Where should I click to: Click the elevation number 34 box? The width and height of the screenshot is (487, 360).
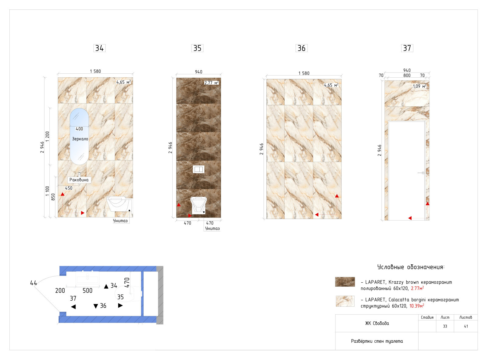tap(99, 48)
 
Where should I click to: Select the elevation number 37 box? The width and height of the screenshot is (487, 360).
tap(407, 48)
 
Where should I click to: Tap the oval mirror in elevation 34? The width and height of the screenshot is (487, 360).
tap(79, 136)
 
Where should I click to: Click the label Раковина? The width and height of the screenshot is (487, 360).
tap(79, 180)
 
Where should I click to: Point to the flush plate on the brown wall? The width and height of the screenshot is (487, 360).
tap(198, 169)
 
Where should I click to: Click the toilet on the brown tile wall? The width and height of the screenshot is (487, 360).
tap(198, 205)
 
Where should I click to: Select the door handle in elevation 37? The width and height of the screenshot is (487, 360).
tap(421, 173)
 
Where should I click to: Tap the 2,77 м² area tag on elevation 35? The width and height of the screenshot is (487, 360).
tap(212, 83)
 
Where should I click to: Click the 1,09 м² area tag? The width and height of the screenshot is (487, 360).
tap(419, 86)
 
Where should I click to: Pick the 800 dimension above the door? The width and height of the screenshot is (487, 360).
tap(407, 76)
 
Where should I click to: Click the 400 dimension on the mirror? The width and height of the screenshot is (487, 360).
tap(79, 129)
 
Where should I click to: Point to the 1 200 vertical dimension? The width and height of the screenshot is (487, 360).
tap(47, 136)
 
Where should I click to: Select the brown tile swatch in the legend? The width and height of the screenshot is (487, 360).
tap(345, 282)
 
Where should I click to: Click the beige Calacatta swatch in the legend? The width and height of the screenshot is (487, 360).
tap(345, 301)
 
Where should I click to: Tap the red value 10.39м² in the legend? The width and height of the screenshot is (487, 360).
tap(416, 306)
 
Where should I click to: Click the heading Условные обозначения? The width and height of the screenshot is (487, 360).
tap(411, 267)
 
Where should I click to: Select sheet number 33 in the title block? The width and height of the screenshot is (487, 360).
tap(445, 326)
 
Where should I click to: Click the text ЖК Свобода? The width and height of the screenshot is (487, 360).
tap(377, 323)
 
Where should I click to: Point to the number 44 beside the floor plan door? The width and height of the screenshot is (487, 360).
tap(33, 283)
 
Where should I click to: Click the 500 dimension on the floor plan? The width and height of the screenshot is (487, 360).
tap(87, 291)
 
